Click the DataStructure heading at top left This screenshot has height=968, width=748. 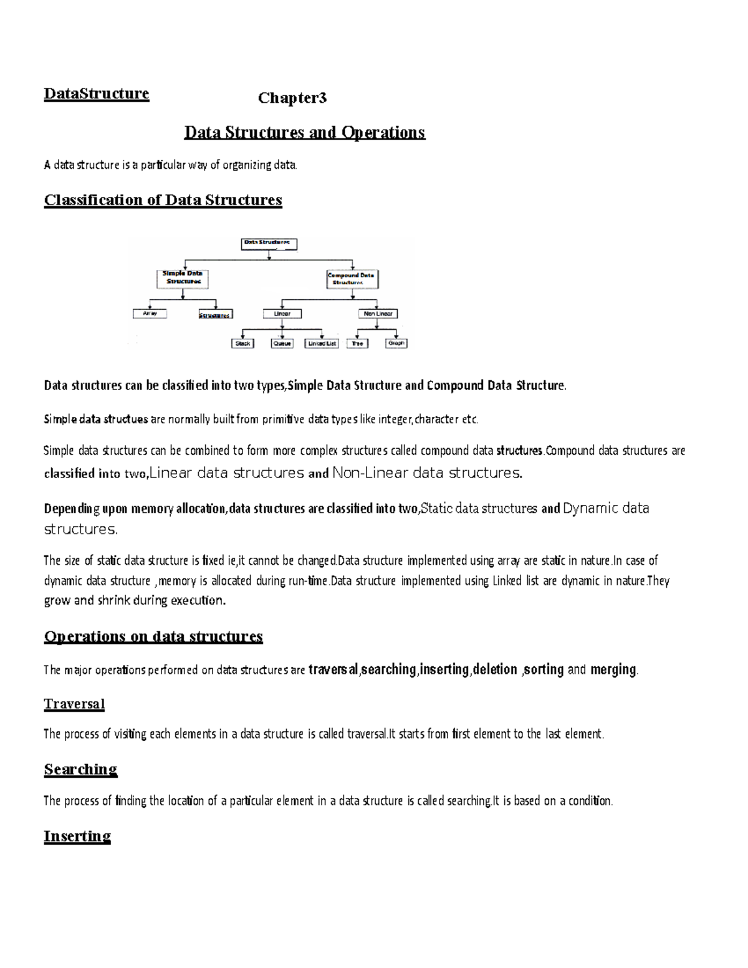[96, 93]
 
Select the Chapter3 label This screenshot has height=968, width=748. [292, 98]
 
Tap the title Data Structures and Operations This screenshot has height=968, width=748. [304, 132]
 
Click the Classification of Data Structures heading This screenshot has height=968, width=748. [163, 200]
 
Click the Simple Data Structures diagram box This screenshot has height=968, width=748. [182, 277]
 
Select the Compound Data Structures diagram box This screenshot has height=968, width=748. [352, 278]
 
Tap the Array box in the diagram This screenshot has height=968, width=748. [150, 314]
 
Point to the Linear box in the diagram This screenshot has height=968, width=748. [282, 314]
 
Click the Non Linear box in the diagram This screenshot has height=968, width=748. [378, 314]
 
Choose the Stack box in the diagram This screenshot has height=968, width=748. [242, 343]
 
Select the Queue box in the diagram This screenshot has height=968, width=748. [282, 343]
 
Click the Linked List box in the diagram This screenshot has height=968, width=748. [322, 343]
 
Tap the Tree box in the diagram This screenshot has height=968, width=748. [357, 343]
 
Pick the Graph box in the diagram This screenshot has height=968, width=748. [396, 343]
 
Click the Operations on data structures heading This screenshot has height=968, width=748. [153, 636]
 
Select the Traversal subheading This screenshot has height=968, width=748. [74, 704]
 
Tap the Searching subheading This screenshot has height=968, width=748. [80, 769]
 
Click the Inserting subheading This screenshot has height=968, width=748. [77, 836]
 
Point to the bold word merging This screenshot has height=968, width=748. [613, 669]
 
